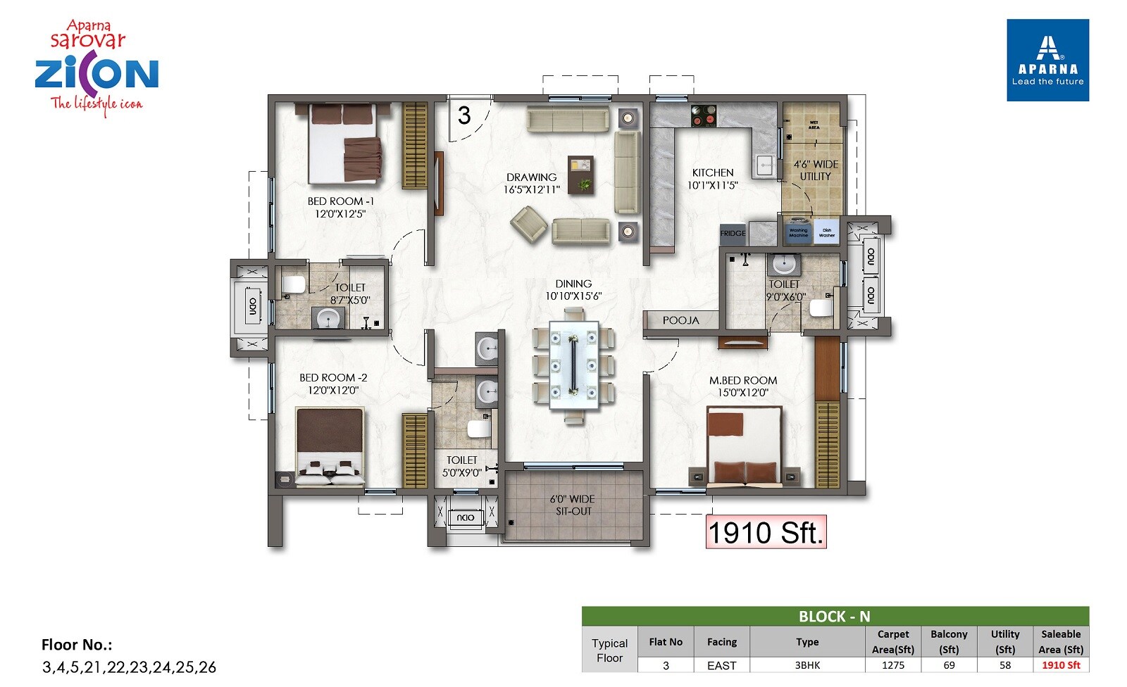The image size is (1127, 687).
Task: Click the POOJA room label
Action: (680, 320)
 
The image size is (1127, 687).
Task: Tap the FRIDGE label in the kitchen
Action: (733, 233)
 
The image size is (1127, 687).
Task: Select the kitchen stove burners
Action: (703, 115)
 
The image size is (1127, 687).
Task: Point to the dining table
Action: (573, 365)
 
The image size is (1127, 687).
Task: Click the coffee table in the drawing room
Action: (581, 175)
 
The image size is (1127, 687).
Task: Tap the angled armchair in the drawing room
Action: (528, 225)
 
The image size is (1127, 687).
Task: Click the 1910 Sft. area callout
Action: (766, 532)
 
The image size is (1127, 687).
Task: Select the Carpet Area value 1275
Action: (892, 665)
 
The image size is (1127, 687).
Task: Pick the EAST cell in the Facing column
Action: (721, 665)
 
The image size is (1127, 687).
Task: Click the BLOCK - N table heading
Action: (835, 617)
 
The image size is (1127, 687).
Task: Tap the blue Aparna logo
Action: (1047, 61)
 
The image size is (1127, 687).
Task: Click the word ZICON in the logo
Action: (96, 73)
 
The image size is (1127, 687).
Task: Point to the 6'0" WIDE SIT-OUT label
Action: (573, 505)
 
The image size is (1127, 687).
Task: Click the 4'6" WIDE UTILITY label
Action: (815, 170)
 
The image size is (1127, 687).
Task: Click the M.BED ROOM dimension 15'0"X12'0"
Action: (743, 393)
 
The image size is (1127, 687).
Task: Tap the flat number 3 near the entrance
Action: (463, 115)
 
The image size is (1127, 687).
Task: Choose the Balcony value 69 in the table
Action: (949, 665)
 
